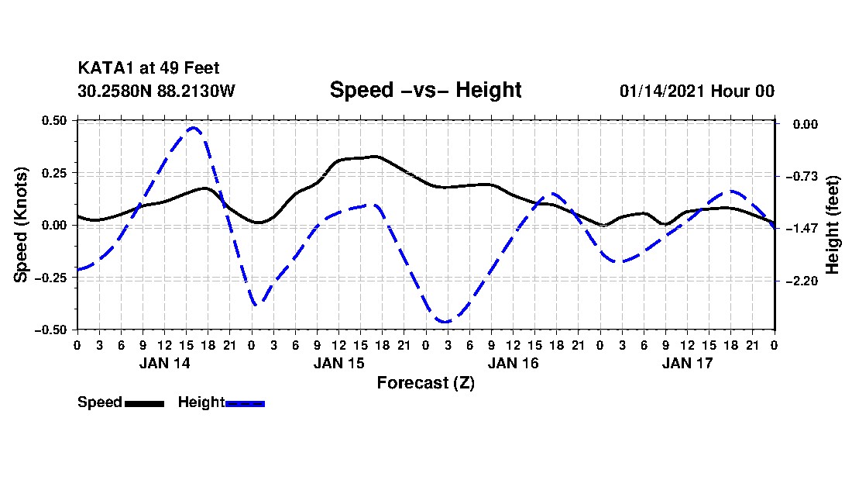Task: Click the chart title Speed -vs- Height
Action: tap(425, 90)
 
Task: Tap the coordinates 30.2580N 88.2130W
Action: tap(156, 91)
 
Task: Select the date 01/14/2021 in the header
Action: tap(662, 91)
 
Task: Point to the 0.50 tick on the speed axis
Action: tap(54, 120)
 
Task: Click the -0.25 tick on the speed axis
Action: tap(51, 278)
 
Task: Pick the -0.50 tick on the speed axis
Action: tap(51, 330)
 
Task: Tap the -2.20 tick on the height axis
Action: tap(802, 281)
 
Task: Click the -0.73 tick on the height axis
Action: tap(802, 176)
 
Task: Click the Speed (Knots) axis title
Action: tap(21, 225)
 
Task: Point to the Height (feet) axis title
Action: tap(833, 225)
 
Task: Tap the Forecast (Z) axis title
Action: tap(426, 383)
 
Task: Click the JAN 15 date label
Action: tap(339, 363)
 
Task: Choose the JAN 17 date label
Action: tap(687, 363)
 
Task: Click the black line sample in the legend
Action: tap(145, 404)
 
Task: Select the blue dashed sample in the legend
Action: tap(245, 404)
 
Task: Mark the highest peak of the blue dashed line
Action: tap(193, 128)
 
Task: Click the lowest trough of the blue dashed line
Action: tap(445, 322)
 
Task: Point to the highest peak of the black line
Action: tap(376, 157)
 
